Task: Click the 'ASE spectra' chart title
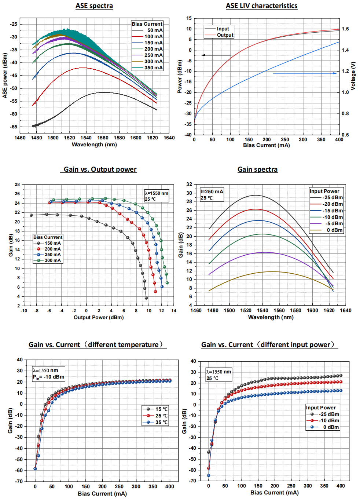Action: point(94,6)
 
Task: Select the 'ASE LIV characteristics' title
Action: point(261,6)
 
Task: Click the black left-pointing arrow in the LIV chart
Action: point(216,55)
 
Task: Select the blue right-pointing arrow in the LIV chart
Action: point(305,73)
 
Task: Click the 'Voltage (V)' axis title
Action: point(353,76)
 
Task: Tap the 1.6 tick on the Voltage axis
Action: point(345,29)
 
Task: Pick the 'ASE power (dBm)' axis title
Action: point(5,76)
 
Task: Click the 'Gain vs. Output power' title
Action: point(100,169)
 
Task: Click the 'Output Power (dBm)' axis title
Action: point(99,317)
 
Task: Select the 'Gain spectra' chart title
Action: point(257,169)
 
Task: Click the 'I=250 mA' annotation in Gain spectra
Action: point(212,191)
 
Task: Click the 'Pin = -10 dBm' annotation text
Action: point(48,377)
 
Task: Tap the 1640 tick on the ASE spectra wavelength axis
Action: point(169,138)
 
